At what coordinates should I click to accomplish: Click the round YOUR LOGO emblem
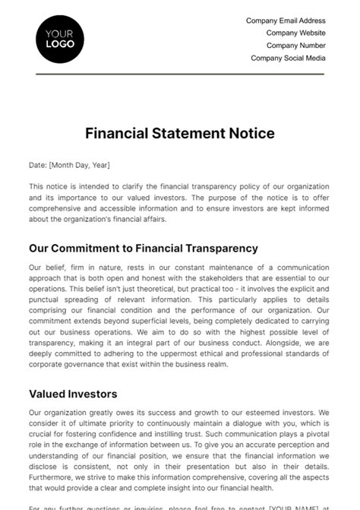coord(60,38)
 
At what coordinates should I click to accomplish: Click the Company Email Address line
coord(286,21)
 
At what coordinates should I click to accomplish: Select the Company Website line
coord(295,33)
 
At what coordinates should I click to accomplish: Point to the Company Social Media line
coord(288,57)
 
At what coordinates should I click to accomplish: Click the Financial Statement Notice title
coord(179,133)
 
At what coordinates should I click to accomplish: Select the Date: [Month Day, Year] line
coord(69,164)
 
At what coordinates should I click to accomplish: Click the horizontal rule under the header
coord(179,74)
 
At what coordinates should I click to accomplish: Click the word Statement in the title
coord(186,133)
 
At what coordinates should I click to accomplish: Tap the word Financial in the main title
coord(115,133)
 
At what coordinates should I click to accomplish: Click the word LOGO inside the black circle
coord(60,44)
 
